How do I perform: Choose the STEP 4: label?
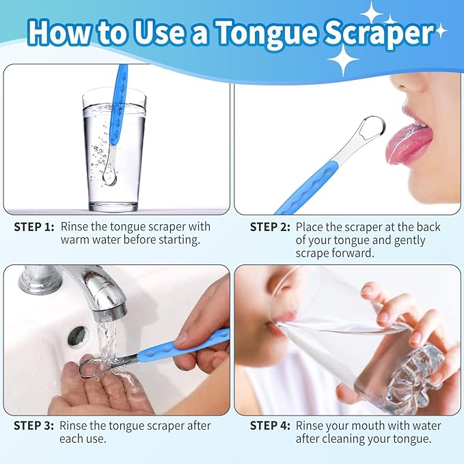(270, 426)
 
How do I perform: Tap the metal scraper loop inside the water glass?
(109, 177)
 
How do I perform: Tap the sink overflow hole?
(78, 335)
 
